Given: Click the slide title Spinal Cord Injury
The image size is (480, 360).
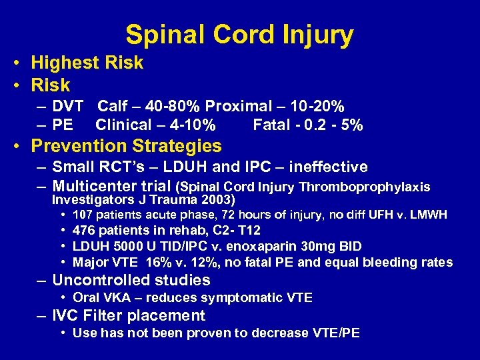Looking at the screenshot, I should tap(239, 35).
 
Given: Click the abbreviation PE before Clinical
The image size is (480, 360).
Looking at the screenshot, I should tap(63, 125).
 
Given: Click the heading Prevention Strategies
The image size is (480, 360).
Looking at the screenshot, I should tap(127, 146).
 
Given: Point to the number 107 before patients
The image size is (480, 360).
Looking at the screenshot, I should tap(83, 215).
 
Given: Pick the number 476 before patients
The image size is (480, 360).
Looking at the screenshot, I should tap(83, 231).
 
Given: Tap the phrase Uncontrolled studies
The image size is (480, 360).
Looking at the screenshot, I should tap(131, 281).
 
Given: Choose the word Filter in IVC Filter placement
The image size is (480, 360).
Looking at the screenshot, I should tap(107, 316).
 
